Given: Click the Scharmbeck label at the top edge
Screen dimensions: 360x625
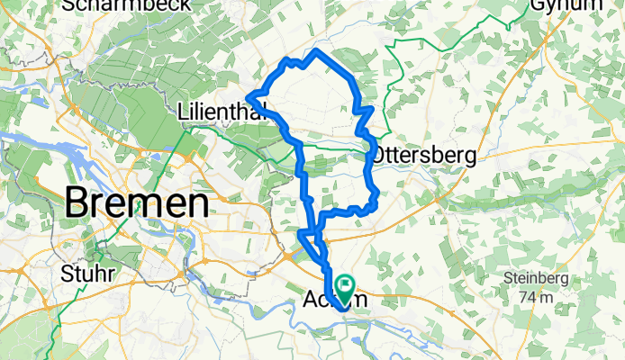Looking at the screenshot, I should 125,5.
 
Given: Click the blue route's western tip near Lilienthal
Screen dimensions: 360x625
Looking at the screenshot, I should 249,95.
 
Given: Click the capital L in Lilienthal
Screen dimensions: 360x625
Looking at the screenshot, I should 183,112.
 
